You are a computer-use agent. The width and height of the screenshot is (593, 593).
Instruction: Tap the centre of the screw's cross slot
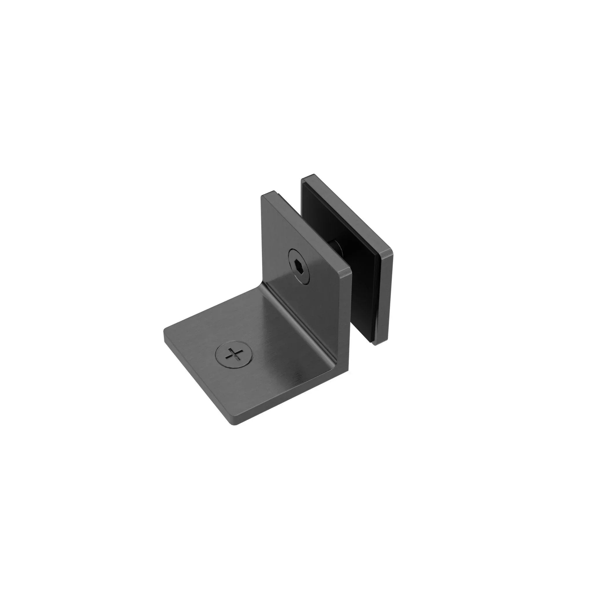tap(234, 355)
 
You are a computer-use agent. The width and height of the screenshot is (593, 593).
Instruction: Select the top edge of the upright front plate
tap(307, 230)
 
